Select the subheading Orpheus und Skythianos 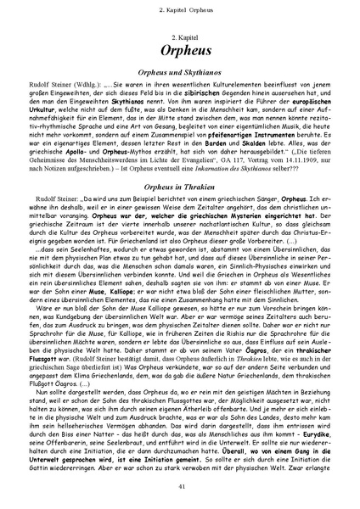click(179, 76)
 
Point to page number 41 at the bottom click(179, 484)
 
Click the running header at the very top click(179, 8)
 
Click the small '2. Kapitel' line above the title click(179, 29)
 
